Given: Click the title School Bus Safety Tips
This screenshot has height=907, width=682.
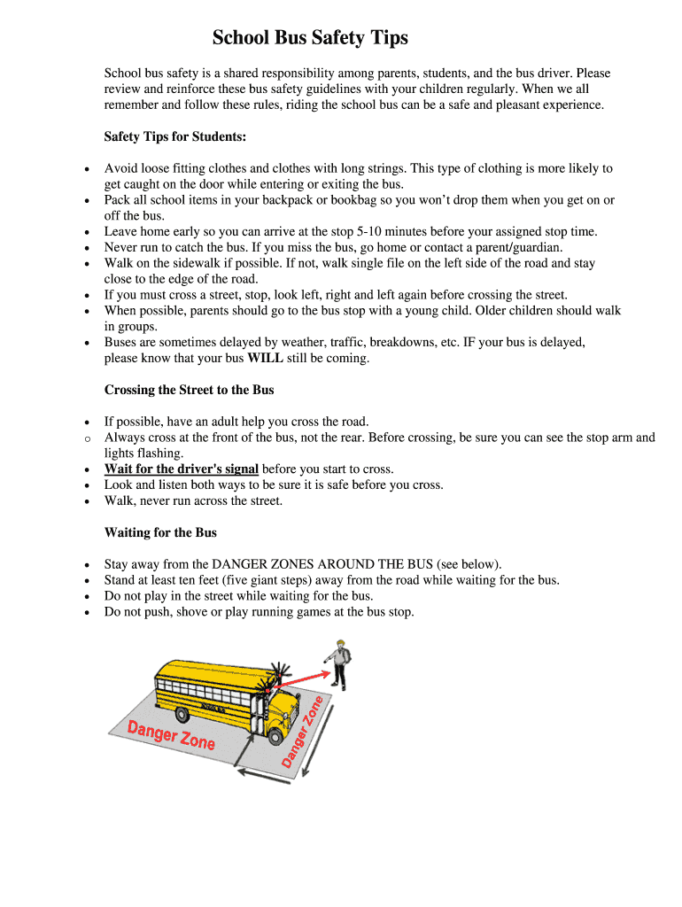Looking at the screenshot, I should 310,38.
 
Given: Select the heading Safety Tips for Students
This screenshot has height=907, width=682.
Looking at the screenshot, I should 175,136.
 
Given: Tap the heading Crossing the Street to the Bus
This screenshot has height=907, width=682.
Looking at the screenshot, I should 190,390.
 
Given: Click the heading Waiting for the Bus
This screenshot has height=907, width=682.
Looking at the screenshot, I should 160,532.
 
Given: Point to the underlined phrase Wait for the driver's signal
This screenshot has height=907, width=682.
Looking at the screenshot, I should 182,469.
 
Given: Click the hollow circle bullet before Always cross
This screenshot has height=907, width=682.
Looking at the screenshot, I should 86,438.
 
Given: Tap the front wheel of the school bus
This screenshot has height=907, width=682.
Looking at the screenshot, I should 276,735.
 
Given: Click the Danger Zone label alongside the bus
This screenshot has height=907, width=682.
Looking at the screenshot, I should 171,734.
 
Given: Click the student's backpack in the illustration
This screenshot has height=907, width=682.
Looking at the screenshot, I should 346,656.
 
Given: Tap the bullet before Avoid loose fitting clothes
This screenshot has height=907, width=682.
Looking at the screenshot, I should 86,168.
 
